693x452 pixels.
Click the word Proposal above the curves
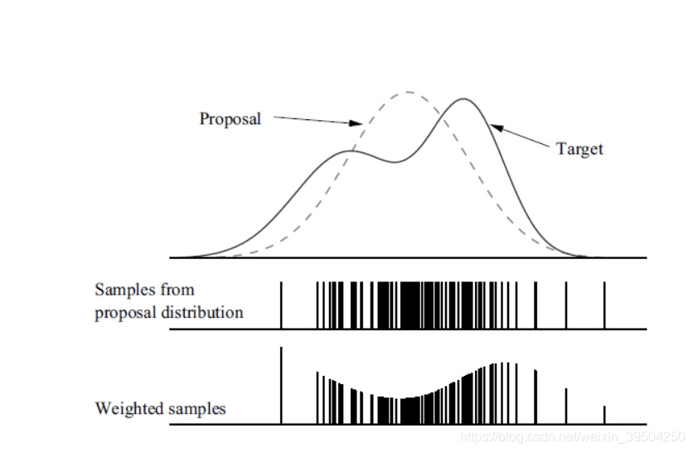[230, 119]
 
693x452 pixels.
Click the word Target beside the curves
[579, 149]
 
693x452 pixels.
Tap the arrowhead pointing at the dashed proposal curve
[358, 124]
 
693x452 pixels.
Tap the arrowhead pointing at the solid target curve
[496, 127]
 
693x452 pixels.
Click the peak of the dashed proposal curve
[408, 92]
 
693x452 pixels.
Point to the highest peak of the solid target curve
[463, 99]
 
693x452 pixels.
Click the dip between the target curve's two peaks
[395, 161]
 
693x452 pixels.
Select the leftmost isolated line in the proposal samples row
[282, 305]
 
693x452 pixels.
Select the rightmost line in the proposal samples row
[604, 305]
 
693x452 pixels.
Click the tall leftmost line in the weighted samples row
[282, 386]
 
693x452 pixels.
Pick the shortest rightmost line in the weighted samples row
[604, 415]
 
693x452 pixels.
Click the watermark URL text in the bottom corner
[572, 436]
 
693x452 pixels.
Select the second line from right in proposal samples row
[565, 305]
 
